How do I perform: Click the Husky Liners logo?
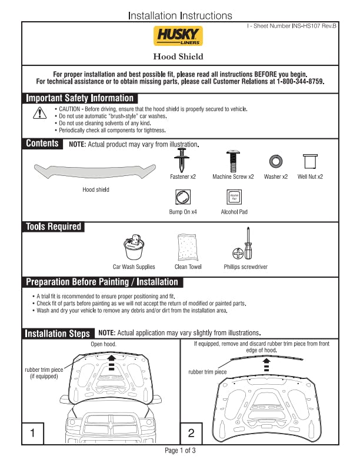point(179,36)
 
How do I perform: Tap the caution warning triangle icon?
point(39,113)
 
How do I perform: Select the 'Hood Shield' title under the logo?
point(178,57)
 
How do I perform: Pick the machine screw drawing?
point(232,160)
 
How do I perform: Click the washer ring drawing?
point(275,161)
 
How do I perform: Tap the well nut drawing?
point(310,161)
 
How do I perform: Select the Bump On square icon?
point(183,197)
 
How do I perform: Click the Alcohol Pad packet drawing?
point(234,197)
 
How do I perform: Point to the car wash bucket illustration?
point(135,248)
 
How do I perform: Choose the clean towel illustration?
point(188,247)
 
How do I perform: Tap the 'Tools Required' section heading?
point(54,227)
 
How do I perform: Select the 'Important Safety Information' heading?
point(80,98)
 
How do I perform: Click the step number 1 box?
point(33,434)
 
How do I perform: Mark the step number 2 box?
point(191,434)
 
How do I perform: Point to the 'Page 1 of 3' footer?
point(180,451)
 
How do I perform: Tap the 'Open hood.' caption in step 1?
point(104,344)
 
